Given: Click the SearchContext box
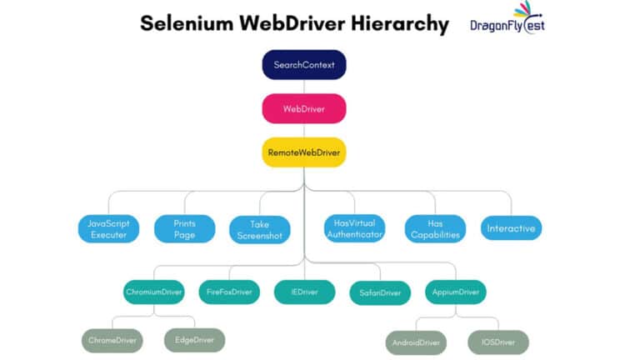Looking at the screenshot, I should click(x=304, y=64).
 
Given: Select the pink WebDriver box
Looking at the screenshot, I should click(x=304, y=108).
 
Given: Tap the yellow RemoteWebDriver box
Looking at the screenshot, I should click(x=304, y=152).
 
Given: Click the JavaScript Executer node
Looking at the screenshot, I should click(x=108, y=228).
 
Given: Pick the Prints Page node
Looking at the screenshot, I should click(x=184, y=228).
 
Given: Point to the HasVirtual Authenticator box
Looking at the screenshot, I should click(x=354, y=228).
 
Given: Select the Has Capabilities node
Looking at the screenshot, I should click(x=435, y=228).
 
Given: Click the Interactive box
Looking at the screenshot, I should click(x=511, y=228).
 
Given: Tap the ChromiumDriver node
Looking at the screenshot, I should click(x=153, y=292).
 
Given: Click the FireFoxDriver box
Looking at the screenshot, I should click(x=229, y=292).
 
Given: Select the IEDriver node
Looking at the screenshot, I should click(x=304, y=292).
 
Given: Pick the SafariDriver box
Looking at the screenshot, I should click(x=380, y=292).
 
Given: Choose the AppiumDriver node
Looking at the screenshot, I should click(x=455, y=292).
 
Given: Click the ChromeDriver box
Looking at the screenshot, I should click(x=112, y=340).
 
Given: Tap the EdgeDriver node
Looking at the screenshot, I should click(x=194, y=340).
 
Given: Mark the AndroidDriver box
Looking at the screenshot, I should click(x=416, y=342).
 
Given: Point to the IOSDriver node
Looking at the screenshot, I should click(x=498, y=342).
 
